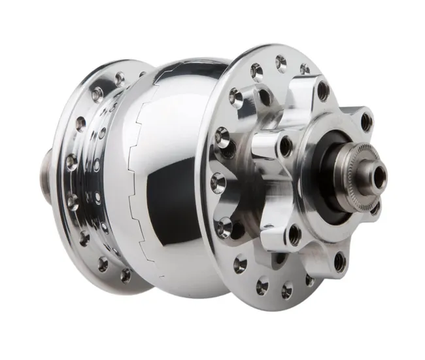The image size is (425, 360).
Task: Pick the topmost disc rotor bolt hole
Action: coord(323,91)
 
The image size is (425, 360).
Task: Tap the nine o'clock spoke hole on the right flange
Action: coord(216,181)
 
